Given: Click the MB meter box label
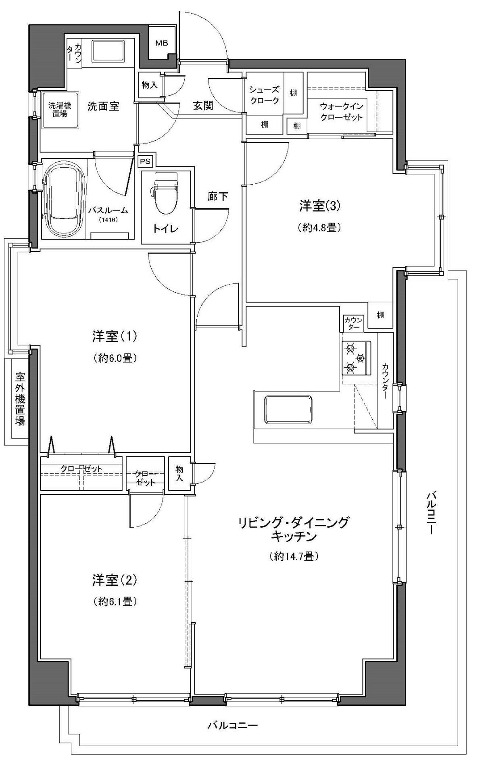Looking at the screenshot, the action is pos(162,43).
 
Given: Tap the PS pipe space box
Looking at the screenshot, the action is pos(145,161).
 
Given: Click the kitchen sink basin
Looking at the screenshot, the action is pos(288,410).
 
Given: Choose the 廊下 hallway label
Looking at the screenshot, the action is pos(218,197).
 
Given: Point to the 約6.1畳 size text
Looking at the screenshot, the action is pos(115,601).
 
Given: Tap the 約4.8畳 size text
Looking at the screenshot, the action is pos(319,228).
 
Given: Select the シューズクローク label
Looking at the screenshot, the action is pos(264,95).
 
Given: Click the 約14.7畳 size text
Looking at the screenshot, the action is pos(294,556).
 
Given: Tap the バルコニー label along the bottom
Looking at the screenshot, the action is pos(232,726).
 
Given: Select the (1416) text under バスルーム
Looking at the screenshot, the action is pos(107,220).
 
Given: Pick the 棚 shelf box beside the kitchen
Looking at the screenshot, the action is pos(380,315).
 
